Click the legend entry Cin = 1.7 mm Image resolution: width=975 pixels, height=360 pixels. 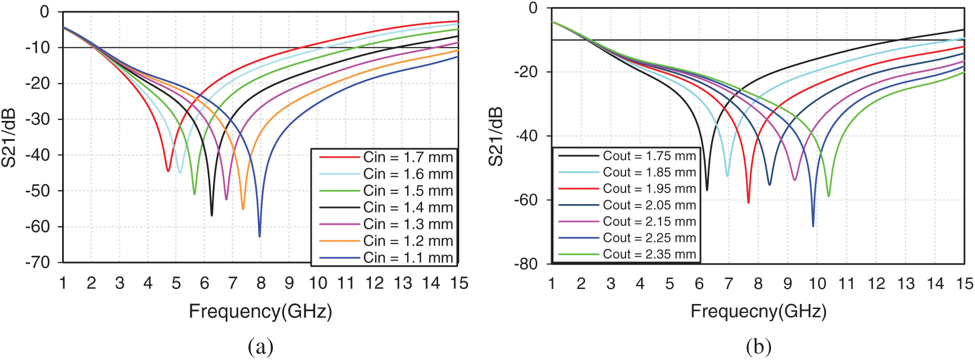pyautogui.click(x=408, y=158)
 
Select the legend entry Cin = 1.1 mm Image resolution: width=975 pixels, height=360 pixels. pyautogui.click(x=408, y=258)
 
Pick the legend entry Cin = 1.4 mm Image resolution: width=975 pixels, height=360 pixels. pyautogui.click(x=408, y=207)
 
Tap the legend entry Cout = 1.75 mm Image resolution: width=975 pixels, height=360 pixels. pyautogui.click(x=649, y=156)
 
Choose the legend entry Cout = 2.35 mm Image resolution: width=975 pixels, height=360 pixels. pyautogui.click(x=649, y=255)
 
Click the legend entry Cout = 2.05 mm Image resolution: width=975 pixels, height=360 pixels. pyautogui.click(x=649, y=205)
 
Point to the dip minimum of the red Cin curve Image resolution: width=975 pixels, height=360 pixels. pyautogui.click(x=168, y=171)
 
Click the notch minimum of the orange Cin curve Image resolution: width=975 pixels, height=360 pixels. pyautogui.click(x=243, y=209)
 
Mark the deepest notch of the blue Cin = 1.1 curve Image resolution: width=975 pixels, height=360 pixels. pyautogui.click(x=260, y=236)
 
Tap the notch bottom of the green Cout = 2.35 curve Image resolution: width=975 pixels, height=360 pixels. pyautogui.click(x=829, y=196)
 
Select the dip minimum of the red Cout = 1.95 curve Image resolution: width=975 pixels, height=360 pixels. pyautogui.click(x=749, y=202)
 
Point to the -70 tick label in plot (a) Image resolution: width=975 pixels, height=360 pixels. pyautogui.click(x=38, y=262)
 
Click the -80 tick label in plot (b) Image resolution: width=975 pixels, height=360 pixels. pyautogui.click(x=526, y=263)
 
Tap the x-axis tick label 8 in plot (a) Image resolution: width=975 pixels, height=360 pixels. pyautogui.click(x=261, y=283)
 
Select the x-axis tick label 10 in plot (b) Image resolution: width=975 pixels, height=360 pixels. pyautogui.click(x=817, y=284)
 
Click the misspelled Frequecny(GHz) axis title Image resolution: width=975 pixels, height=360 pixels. pyautogui.click(x=758, y=311)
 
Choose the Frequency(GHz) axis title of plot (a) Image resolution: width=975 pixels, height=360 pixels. pyautogui.click(x=260, y=311)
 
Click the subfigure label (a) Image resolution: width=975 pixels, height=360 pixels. pyautogui.click(x=261, y=347)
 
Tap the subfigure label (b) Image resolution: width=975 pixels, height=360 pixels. pyautogui.click(x=758, y=347)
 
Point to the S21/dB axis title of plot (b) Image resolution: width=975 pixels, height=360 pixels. pyautogui.click(x=497, y=136)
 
